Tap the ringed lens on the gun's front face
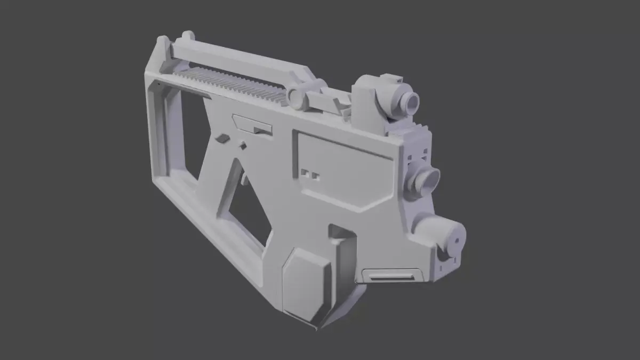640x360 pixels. click(428, 180)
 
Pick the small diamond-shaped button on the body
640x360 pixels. click(243, 145)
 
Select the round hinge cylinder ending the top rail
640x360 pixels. click(296, 98)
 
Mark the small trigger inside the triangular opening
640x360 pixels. click(244, 179)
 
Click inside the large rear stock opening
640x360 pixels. click(187, 133)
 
